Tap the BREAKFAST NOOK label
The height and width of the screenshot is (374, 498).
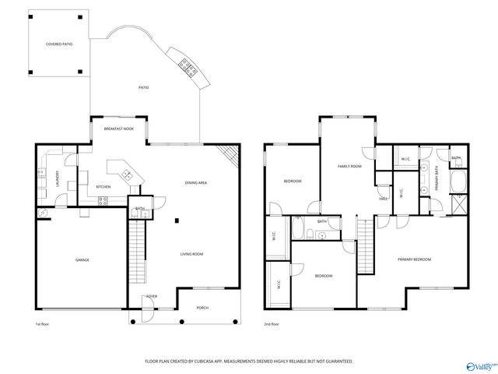click(x=119, y=129)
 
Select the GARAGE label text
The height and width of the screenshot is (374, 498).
click(x=82, y=259)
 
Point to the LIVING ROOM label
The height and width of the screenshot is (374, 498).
click(x=191, y=254)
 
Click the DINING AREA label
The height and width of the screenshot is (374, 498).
click(x=195, y=183)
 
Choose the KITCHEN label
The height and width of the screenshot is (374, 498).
click(x=103, y=187)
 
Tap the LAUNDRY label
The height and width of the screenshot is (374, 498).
click(x=57, y=178)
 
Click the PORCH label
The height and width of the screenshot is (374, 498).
click(x=202, y=307)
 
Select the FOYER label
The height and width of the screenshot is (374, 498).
click(x=152, y=297)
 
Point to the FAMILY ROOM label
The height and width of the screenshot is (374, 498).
click(x=349, y=166)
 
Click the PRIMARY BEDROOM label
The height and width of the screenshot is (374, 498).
click(x=414, y=259)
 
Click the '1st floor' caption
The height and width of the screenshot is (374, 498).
click(x=42, y=323)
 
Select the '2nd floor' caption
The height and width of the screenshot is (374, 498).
click(x=272, y=323)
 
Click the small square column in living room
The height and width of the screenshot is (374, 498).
click(x=177, y=221)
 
